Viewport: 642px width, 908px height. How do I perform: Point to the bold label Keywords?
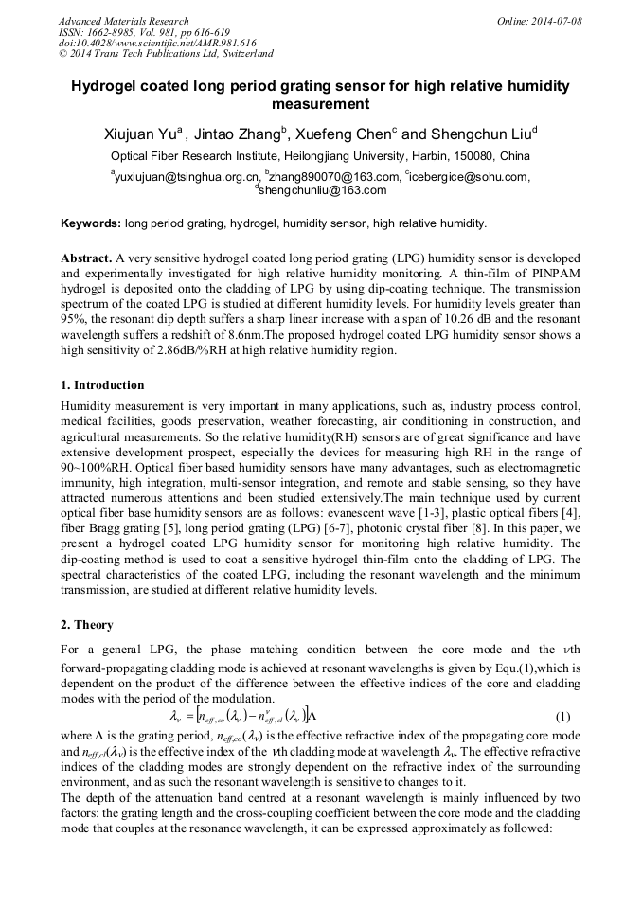coord(90,224)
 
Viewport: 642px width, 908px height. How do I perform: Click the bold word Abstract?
coord(86,258)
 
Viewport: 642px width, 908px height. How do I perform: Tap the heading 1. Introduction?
coord(102,385)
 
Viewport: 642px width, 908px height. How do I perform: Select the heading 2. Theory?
coord(87,625)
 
